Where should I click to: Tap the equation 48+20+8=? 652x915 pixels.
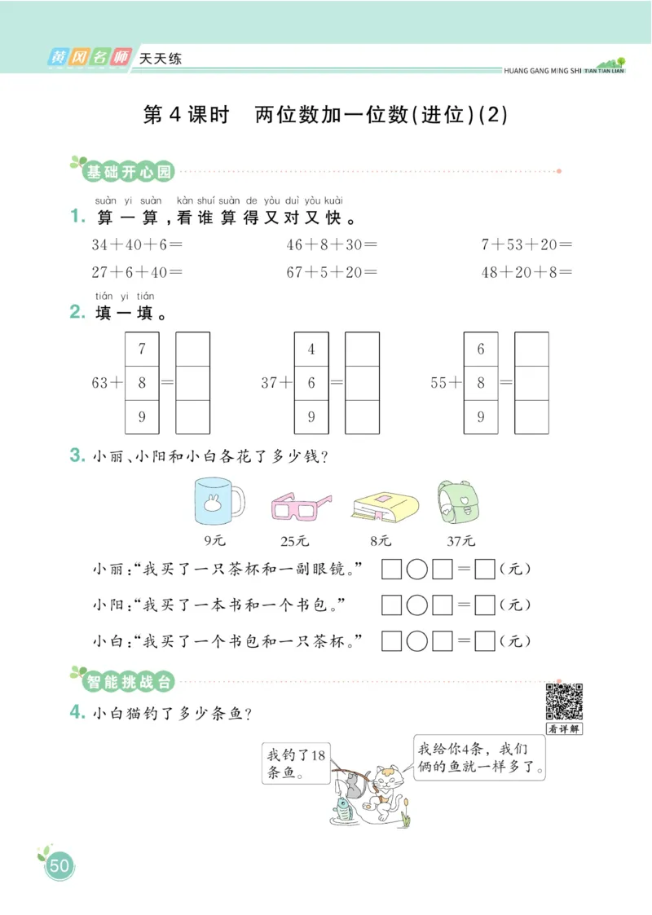(x=526, y=272)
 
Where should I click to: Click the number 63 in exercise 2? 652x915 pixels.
(x=100, y=382)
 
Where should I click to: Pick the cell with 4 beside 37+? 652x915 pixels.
(x=311, y=350)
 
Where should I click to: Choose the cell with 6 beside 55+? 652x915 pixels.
(x=481, y=350)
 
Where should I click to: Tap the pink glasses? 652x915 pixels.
(x=300, y=507)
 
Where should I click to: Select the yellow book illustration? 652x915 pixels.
(x=384, y=506)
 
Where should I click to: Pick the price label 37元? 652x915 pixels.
(x=461, y=540)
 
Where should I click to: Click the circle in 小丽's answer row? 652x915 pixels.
(x=416, y=570)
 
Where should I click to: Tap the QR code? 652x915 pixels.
(x=563, y=700)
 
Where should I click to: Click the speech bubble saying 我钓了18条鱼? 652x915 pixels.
(x=296, y=763)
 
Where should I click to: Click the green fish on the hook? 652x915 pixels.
(x=343, y=808)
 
